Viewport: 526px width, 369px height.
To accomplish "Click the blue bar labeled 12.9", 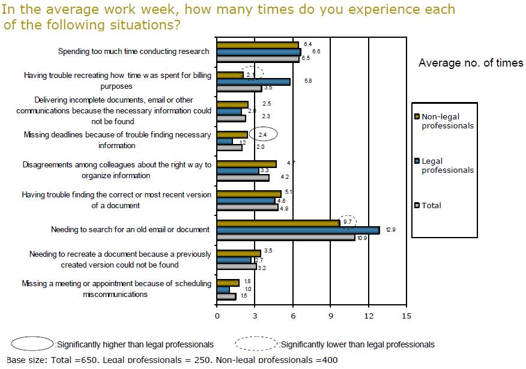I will point(298,230).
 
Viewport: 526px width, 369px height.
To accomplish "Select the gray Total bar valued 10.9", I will point(286,238).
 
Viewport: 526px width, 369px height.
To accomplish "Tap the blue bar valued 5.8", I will point(253,82).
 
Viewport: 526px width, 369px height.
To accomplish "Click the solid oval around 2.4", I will point(262,134).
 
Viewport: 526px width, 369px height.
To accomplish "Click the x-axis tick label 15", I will point(407,316).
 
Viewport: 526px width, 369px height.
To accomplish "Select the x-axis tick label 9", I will point(330,316).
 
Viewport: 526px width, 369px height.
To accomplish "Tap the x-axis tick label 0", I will point(217,316).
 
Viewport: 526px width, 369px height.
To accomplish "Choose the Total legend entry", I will point(431,205).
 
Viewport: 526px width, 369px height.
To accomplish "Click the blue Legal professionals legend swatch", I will point(417,161).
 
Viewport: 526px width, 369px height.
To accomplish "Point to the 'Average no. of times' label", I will point(471,63).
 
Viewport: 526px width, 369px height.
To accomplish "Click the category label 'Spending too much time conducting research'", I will point(134,52).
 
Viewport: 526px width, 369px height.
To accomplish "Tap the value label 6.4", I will point(308,44).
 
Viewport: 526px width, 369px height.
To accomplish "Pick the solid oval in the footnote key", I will point(32,344).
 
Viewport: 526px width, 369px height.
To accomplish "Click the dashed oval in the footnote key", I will point(257,344).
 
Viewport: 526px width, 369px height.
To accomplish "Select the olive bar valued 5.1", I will point(249,194).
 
